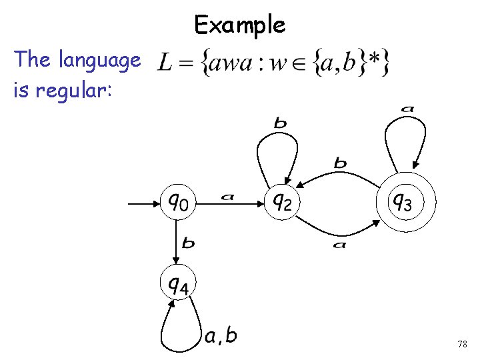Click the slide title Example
tap(240, 25)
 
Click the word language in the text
tap(99, 61)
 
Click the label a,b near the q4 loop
tap(221, 336)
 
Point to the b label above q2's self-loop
tap(281, 123)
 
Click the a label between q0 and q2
tap(227, 196)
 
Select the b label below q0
tap(189, 243)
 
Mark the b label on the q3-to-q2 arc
tap(340, 162)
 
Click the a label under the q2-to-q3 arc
tap(339, 245)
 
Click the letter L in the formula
tap(165, 65)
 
